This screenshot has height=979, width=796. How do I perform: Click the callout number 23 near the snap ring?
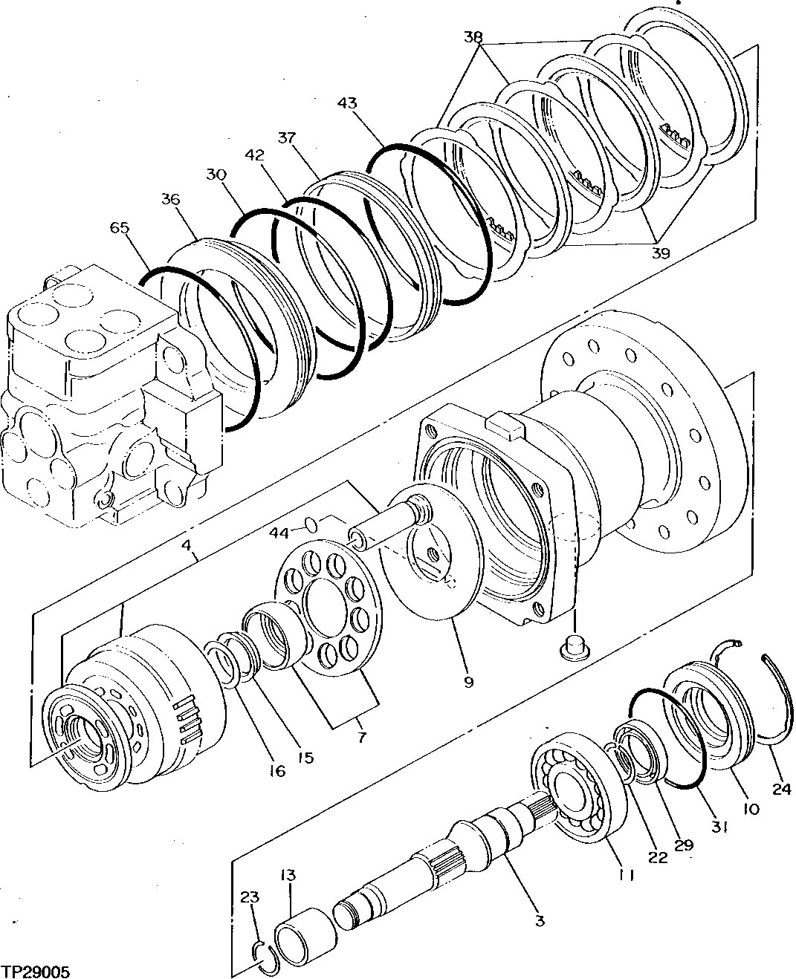tap(250, 898)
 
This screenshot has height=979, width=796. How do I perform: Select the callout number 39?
tap(660, 253)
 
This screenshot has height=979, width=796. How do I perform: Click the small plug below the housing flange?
tap(574, 646)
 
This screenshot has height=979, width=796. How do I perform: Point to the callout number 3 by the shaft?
tap(540, 921)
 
